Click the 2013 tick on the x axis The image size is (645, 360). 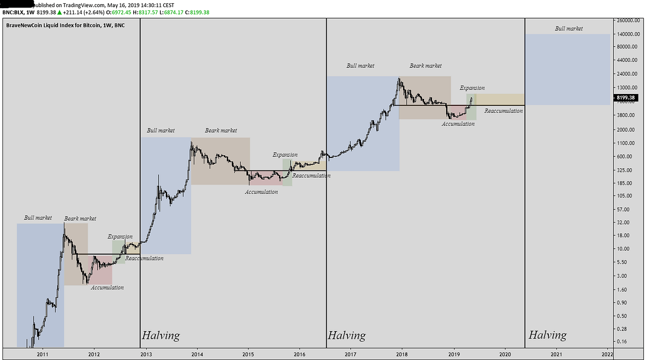(x=146, y=355)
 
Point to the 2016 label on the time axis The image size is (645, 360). (x=299, y=355)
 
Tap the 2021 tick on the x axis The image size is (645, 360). (x=556, y=355)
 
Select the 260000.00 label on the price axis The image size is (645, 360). (x=626, y=20)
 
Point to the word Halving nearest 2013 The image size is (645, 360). (x=161, y=336)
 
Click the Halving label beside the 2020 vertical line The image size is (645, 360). (x=547, y=335)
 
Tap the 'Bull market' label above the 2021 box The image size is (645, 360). (x=569, y=28)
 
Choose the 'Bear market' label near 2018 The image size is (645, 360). (x=426, y=66)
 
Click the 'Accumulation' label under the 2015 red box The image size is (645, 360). (x=262, y=192)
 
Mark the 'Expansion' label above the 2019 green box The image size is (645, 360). (x=472, y=88)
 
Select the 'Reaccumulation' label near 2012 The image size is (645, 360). (x=144, y=258)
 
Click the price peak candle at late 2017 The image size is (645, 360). (x=399, y=79)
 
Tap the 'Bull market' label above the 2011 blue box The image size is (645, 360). (x=38, y=218)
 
